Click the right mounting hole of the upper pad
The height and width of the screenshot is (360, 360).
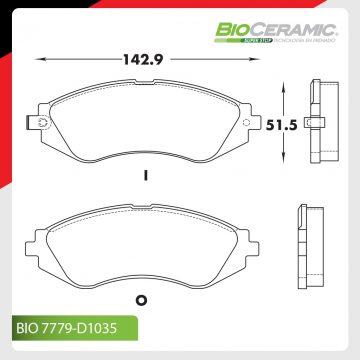click(x=251, y=124)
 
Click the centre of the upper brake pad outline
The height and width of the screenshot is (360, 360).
click(x=145, y=125)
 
